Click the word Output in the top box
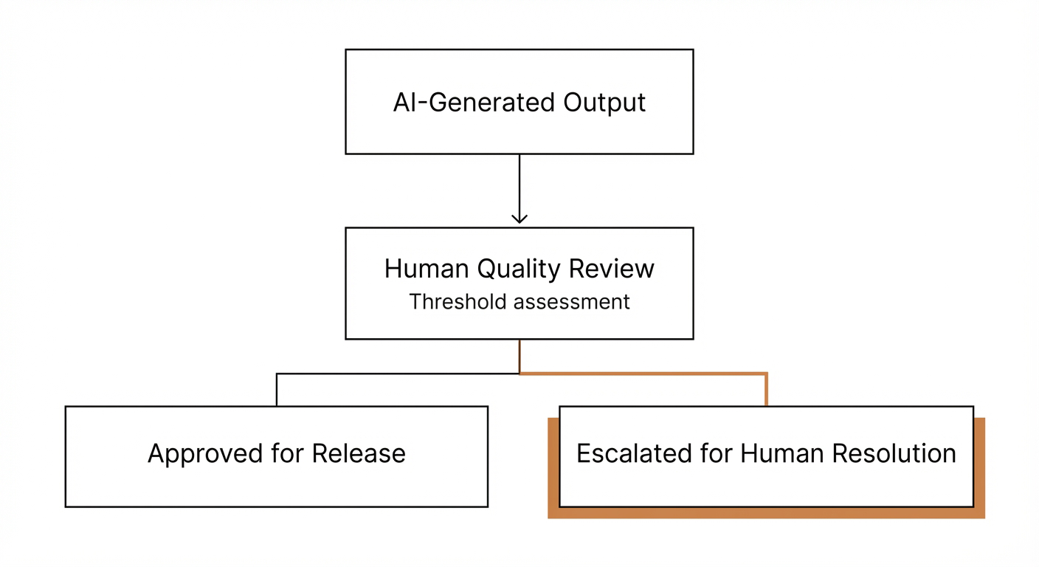point(604,102)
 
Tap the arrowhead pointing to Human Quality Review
point(519,218)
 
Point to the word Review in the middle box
point(612,269)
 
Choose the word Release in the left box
point(359,453)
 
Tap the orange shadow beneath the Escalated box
point(767,513)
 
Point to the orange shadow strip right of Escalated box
point(979,465)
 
